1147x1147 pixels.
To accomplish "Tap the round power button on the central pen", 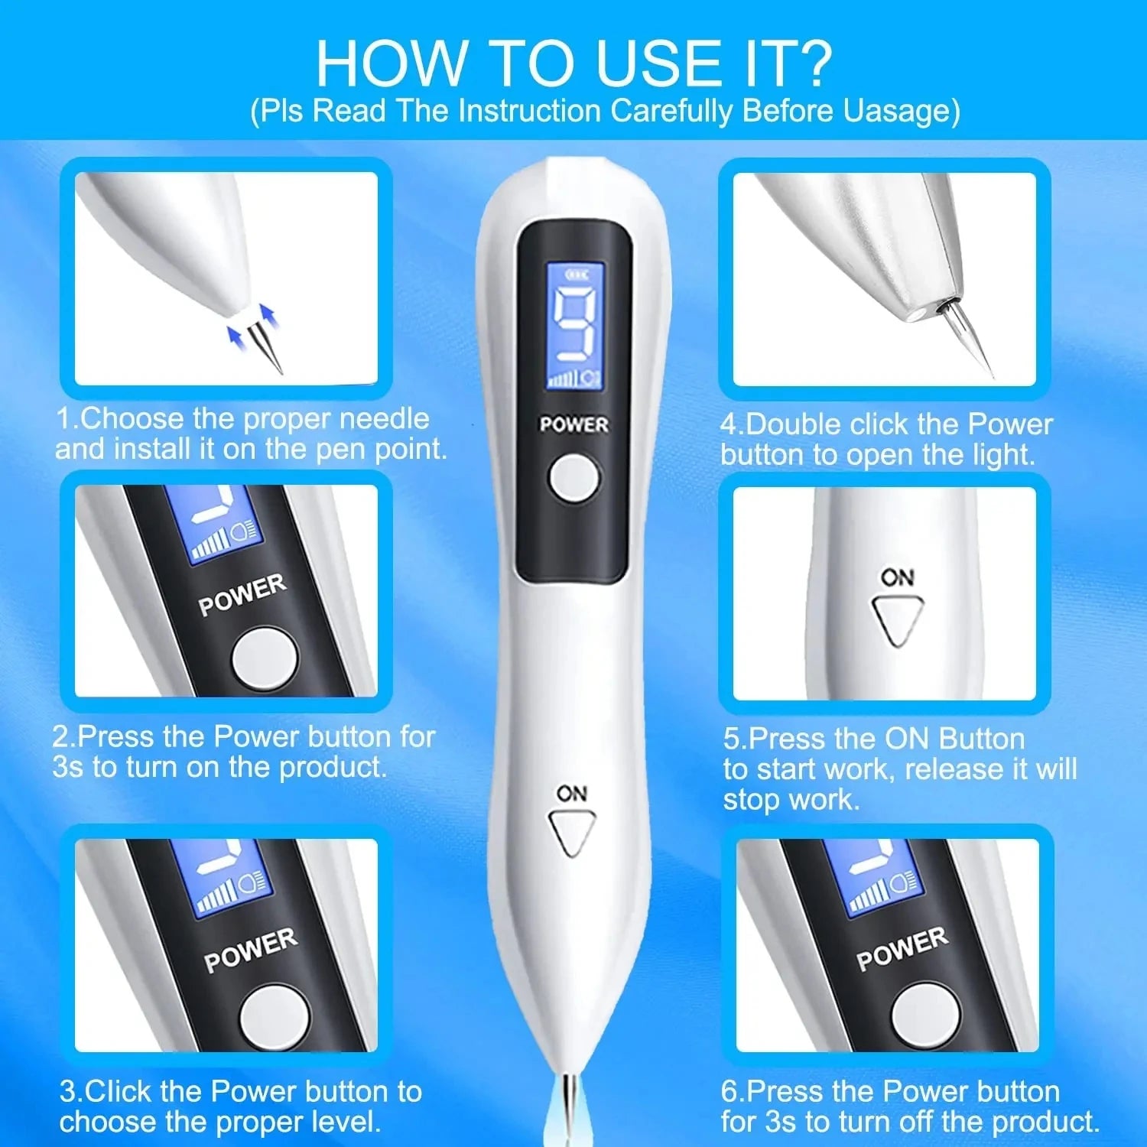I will click(573, 478).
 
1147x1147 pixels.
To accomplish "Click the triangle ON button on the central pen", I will click(572, 832).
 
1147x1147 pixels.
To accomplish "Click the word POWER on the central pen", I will click(573, 424).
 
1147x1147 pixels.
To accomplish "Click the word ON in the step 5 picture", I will click(897, 577).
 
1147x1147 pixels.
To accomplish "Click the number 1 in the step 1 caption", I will click(63, 419).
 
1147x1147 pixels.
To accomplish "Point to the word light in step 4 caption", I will click(1002, 455).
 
